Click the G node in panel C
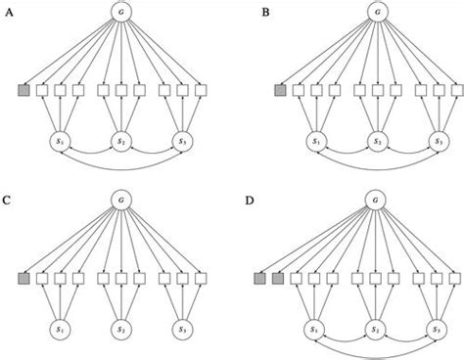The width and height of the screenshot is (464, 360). pos(121,199)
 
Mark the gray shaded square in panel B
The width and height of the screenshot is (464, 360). pos(280,91)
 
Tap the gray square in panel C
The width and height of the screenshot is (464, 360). pos(23,279)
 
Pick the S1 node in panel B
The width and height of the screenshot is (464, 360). pos(317,141)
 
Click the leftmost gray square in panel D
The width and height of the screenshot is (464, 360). pos(259,279)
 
